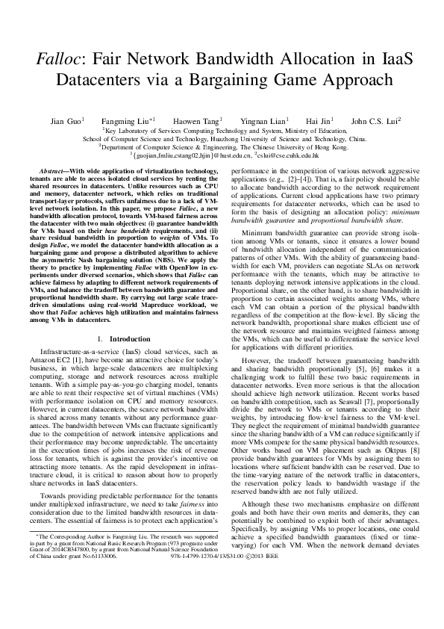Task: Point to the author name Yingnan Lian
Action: pos(261,120)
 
